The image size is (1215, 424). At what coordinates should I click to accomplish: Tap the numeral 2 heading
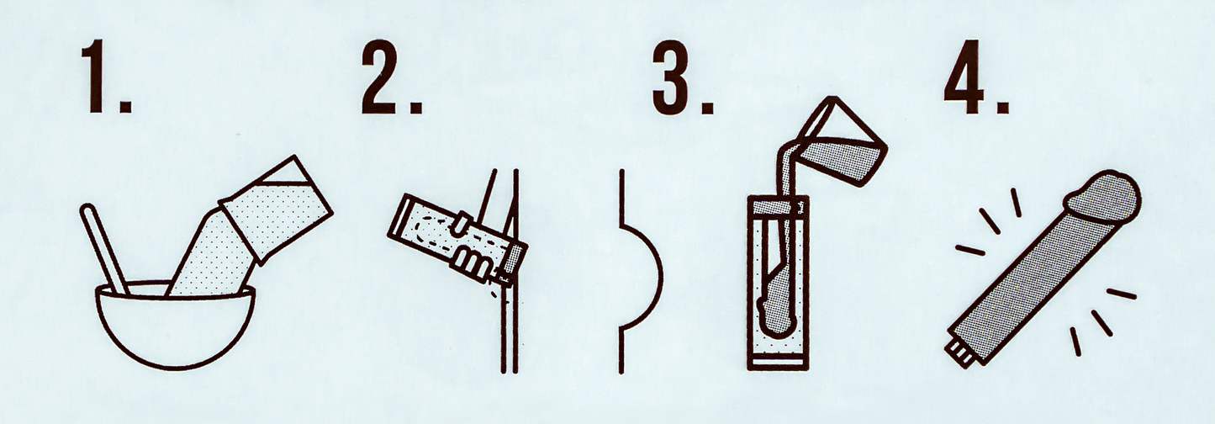tap(381, 77)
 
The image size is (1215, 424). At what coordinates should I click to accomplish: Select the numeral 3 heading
tap(671, 77)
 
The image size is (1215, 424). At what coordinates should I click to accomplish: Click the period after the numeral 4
tap(1003, 105)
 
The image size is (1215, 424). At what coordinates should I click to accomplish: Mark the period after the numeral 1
tap(124, 105)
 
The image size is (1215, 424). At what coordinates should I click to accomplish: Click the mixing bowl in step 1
tap(175, 325)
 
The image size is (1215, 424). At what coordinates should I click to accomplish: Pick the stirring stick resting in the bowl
tap(104, 249)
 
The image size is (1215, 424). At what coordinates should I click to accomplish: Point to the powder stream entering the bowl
tap(209, 255)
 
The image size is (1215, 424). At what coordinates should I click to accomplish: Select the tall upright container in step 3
tap(778, 283)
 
